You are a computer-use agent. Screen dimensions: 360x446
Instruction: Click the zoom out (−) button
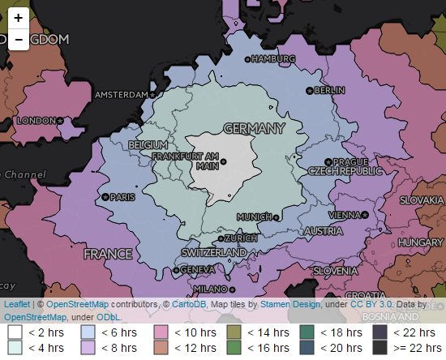coord(19,40)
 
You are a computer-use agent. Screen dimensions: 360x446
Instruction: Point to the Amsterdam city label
coord(123,95)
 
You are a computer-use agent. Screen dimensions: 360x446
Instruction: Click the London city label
coord(35,121)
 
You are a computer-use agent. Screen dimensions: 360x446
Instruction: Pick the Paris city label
coord(122,197)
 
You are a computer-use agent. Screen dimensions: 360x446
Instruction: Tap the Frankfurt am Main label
coord(196,160)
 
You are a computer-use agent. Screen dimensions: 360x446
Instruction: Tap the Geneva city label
coord(197,269)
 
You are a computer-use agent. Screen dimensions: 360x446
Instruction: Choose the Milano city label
coord(210,289)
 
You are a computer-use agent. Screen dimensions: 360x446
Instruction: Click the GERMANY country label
coord(254,129)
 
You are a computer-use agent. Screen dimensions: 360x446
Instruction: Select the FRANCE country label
coord(108,254)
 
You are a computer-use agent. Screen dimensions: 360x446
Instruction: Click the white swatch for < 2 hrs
coord(15,332)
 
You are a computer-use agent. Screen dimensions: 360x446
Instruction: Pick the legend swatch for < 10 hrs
coord(161,332)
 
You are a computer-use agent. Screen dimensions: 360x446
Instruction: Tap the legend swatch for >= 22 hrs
coord(380,348)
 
